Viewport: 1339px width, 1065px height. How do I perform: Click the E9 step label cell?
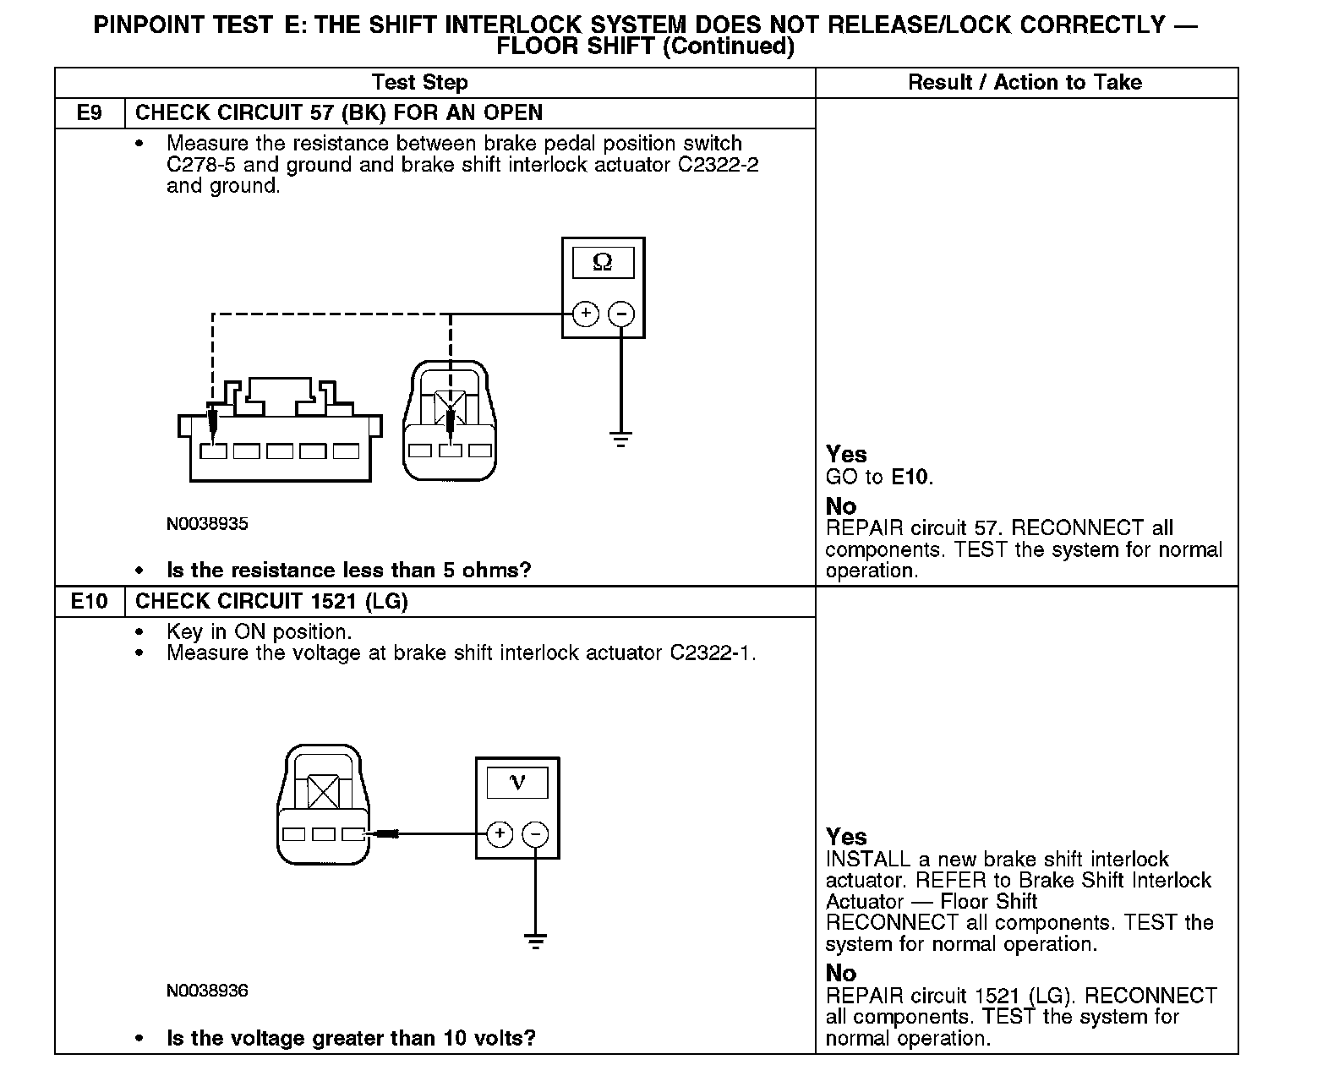(x=90, y=113)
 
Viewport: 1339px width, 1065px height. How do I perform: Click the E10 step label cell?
(x=90, y=602)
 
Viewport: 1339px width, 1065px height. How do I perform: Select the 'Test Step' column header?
(x=420, y=83)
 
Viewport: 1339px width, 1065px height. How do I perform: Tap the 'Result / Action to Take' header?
(x=1025, y=83)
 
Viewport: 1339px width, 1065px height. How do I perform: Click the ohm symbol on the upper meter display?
(x=603, y=263)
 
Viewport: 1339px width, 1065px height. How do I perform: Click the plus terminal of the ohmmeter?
(x=585, y=314)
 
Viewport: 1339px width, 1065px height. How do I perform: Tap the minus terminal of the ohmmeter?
(x=621, y=314)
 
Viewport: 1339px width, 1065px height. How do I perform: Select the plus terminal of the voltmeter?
(x=500, y=834)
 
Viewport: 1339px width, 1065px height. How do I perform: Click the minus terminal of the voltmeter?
(x=534, y=834)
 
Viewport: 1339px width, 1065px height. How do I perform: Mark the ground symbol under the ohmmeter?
(x=621, y=440)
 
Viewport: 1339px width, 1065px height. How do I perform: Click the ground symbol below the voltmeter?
(x=534, y=941)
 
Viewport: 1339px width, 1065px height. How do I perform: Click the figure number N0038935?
(x=207, y=524)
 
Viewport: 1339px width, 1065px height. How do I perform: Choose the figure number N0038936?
(x=207, y=991)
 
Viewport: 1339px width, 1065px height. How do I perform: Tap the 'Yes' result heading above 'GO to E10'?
(x=846, y=455)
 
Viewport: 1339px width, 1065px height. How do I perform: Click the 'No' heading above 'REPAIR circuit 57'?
(x=841, y=506)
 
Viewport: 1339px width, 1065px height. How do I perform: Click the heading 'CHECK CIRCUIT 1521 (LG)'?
(x=271, y=602)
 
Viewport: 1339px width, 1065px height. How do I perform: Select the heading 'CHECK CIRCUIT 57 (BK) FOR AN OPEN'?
(x=339, y=113)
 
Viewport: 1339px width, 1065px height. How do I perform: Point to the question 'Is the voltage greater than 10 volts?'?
(x=351, y=1038)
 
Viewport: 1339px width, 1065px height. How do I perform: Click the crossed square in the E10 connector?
(x=322, y=791)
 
